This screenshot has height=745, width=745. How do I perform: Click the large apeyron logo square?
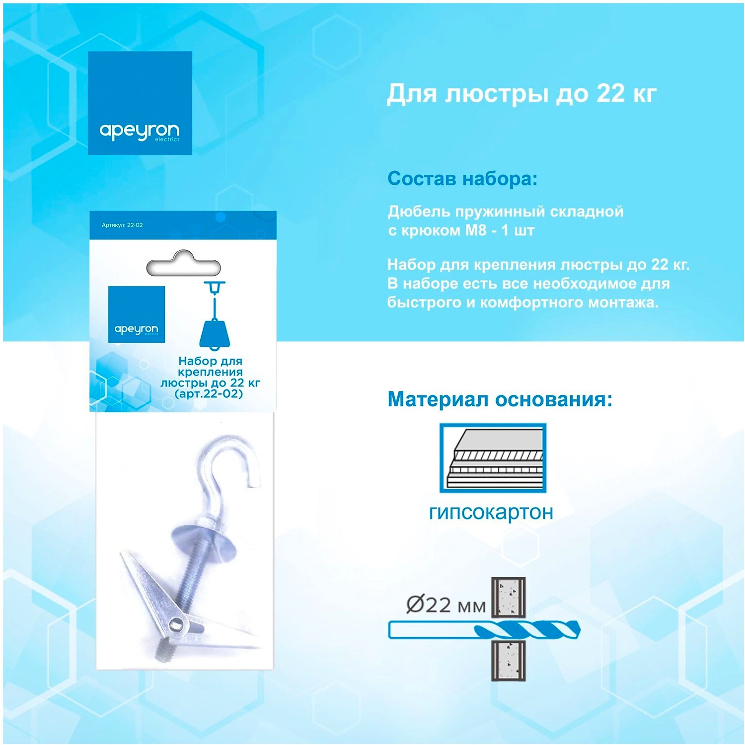tap(140, 103)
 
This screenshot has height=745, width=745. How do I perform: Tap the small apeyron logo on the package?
tap(137, 314)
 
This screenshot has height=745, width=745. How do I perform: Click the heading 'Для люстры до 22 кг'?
tap(522, 94)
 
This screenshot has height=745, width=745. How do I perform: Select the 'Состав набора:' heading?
tap(462, 179)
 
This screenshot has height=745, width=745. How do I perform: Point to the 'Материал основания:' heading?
tap(500, 399)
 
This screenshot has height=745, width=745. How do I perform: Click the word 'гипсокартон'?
tap(491, 512)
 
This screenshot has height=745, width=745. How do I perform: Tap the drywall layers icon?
tap(493, 458)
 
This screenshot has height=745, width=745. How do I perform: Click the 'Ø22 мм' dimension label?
tap(446, 605)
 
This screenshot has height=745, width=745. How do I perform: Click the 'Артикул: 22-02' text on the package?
tap(122, 225)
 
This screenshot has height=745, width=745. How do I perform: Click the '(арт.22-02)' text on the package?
tap(209, 394)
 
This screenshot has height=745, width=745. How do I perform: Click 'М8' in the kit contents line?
tap(475, 230)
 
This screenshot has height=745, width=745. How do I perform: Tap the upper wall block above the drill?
tap(509, 597)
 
